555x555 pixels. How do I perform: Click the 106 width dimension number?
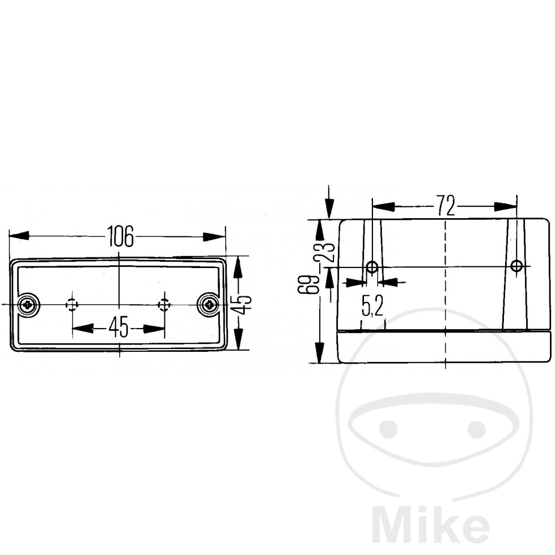120,236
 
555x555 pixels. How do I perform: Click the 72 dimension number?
445,205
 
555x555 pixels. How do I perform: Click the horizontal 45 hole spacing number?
119,327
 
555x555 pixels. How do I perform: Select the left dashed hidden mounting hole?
72,304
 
